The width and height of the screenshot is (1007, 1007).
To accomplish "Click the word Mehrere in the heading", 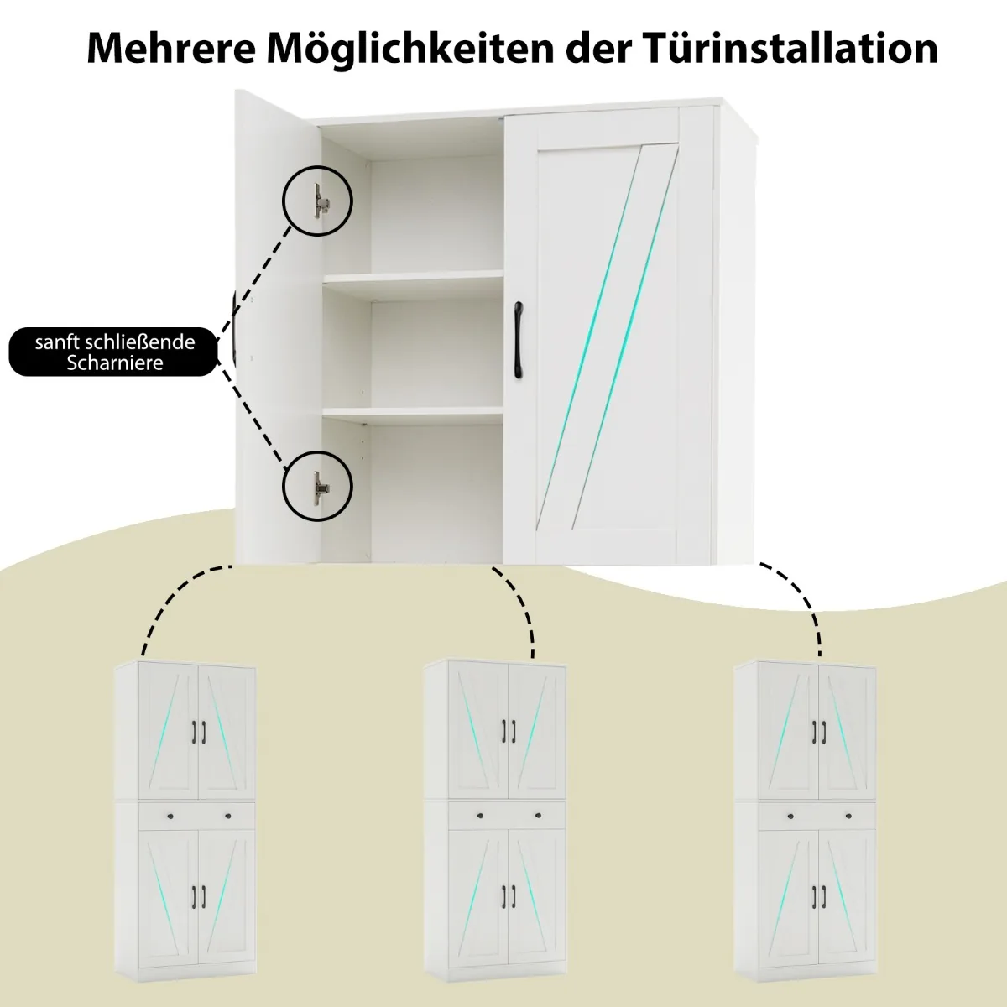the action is coord(171,48).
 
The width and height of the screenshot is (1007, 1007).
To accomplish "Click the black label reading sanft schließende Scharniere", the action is coord(113,352).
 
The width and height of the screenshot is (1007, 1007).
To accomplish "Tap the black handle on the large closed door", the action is coord(519,340).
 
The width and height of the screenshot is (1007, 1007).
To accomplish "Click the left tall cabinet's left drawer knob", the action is coord(169,816).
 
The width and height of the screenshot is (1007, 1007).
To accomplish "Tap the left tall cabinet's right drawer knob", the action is coord(228,815).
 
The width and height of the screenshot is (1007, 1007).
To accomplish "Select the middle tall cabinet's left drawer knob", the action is coord(480,816).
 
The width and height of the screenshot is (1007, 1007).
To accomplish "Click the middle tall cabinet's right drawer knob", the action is coord(538,815).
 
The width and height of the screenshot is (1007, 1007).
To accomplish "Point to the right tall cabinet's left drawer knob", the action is coord(790,816).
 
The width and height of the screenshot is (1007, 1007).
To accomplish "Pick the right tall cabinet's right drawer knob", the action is coord(848,815).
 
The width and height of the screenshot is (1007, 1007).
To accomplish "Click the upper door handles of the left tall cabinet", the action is coord(199,732).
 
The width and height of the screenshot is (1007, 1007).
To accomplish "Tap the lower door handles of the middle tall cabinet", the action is coord(509,896).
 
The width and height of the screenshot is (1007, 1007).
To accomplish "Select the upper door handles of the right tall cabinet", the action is coord(819,732).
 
